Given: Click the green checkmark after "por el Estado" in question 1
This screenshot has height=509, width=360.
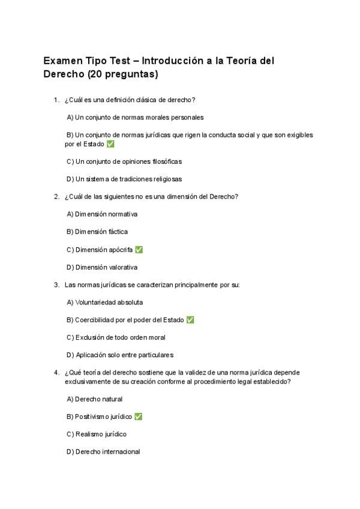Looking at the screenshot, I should pos(110,144).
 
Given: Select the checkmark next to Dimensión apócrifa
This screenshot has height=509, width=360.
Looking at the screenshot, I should pos(139,250).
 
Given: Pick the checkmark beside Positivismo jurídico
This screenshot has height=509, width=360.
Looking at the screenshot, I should pos(139,417).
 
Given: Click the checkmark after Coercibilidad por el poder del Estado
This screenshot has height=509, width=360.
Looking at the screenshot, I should pos(190,320).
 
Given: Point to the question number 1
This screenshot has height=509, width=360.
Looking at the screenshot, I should pos(56,100).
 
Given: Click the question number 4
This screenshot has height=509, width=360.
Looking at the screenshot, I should pos(56,372).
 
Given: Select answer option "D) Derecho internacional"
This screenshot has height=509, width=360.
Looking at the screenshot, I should pos(103,451).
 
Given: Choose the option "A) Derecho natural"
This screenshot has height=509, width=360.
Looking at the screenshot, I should pos(94,399).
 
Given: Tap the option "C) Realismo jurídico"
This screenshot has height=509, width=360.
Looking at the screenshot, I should pos(97,434).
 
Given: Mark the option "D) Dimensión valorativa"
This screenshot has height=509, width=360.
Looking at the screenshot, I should pos(102,267).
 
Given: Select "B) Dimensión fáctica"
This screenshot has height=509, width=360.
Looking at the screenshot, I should pos(97,232).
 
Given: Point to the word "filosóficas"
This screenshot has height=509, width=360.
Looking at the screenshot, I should pos(164,161).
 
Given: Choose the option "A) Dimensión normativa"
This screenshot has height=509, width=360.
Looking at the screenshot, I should pos(102,214).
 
